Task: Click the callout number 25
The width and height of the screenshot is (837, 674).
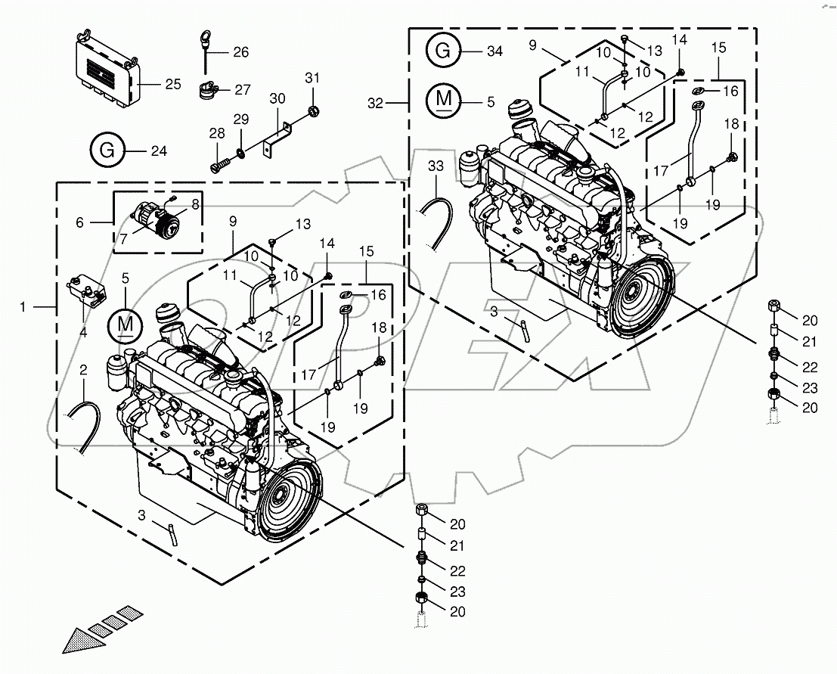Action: coord(173,84)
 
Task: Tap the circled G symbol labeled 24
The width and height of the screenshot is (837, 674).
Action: coord(107,151)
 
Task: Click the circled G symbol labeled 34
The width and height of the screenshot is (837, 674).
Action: coord(443,51)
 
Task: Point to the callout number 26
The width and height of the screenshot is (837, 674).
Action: coord(240,52)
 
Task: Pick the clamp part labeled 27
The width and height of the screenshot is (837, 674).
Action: coord(207,91)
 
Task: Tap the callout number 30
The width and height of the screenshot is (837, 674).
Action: coord(277,99)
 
